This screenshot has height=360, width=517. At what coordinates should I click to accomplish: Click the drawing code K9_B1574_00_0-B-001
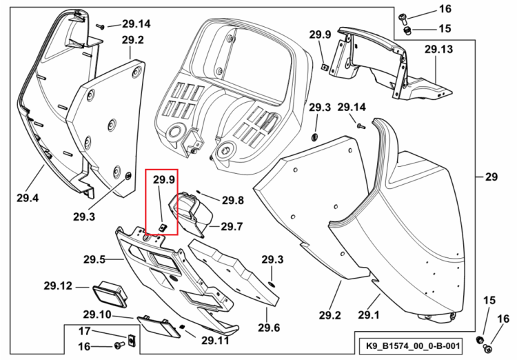413,346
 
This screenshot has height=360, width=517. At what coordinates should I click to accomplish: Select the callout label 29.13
438,49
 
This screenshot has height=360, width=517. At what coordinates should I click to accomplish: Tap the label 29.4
28,198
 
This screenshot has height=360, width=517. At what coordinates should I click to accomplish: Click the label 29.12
58,286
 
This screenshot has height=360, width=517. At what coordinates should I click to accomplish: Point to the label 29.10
97,314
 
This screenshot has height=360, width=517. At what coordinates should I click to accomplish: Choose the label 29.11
215,340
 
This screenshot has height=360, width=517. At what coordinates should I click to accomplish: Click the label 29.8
233,200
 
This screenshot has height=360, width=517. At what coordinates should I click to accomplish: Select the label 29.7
232,226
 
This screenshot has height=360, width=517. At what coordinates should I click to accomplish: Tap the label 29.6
269,328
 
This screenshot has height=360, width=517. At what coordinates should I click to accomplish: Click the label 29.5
94,259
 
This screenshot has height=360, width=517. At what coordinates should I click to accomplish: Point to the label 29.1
369,315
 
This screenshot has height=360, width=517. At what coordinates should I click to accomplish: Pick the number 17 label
84,330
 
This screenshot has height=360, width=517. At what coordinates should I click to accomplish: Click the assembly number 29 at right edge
491,177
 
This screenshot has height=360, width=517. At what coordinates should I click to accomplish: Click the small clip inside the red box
162,227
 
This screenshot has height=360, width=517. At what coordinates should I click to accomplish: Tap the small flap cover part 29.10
159,327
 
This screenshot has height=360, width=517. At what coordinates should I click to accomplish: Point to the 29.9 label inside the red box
164,179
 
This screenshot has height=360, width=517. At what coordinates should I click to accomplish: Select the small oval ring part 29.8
199,191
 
